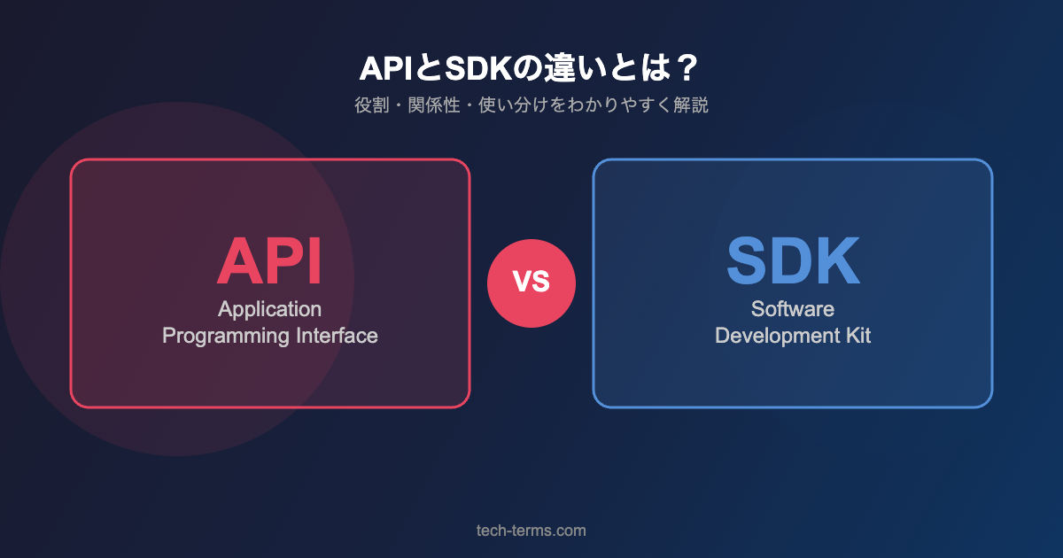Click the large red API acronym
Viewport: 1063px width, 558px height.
[x=269, y=261]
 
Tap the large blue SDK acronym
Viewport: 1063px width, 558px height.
[x=793, y=261]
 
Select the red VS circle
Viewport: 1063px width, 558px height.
[x=531, y=283]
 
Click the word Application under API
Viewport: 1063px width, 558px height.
[x=269, y=310]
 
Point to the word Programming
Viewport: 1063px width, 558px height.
[x=226, y=337]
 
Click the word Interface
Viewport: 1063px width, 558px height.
[x=337, y=336]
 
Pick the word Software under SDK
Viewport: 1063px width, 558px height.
[x=793, y=309]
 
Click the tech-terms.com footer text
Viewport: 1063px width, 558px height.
[x=531, y=531]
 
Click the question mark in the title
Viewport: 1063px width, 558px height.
[x=687, y=68]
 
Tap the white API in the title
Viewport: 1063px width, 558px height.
[x=386, y=68]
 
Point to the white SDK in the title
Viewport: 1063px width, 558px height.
[x=478, y=68]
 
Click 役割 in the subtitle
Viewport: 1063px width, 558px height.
[x=372, y=105]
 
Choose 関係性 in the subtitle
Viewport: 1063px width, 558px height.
[x=434, y=105]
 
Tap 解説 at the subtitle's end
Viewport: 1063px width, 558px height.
[x=691, y=105]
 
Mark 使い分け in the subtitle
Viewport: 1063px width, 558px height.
[x=514, y=105]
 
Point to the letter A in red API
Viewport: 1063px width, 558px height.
[x=237, y=261]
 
